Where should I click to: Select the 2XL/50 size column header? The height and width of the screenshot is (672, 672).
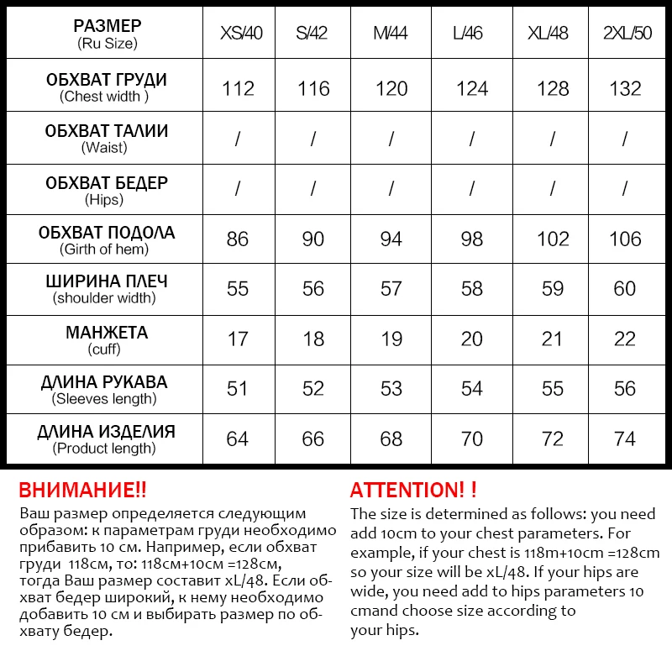coord(625,34)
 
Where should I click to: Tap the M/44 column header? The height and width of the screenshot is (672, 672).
coord(391,34)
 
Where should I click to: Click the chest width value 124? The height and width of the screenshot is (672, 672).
coord(472,88)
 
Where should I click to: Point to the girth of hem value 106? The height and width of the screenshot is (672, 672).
coord(625,239)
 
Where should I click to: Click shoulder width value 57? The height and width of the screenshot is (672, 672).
coord(391,289)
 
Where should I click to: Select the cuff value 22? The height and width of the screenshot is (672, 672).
coord(625,339)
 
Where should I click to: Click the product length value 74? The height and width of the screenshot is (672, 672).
coord(625,438)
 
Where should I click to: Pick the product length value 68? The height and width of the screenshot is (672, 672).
coord(391,438)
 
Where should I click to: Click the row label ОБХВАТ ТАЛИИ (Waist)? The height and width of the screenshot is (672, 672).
coord(106,139)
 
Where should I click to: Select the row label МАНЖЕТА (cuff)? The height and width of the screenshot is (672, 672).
coord(106,339)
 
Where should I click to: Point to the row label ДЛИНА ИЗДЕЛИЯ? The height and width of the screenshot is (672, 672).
coord(106,433)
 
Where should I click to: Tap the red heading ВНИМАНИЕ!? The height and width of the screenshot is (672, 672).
coord(82,491)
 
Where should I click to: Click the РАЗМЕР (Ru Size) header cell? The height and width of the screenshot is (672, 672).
coord(106,34)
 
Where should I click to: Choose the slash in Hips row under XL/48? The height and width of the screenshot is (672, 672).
coord(553,189)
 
